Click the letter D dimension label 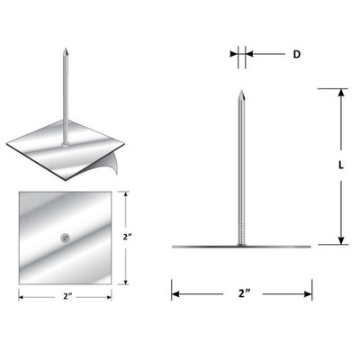pos(296,54)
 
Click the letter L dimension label pos(341,165)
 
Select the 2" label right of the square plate pos(128,237)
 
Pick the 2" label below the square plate pos(67,296)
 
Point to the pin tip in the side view pos(241,91)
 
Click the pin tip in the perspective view pos(66,49)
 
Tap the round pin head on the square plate pos(65,238)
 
